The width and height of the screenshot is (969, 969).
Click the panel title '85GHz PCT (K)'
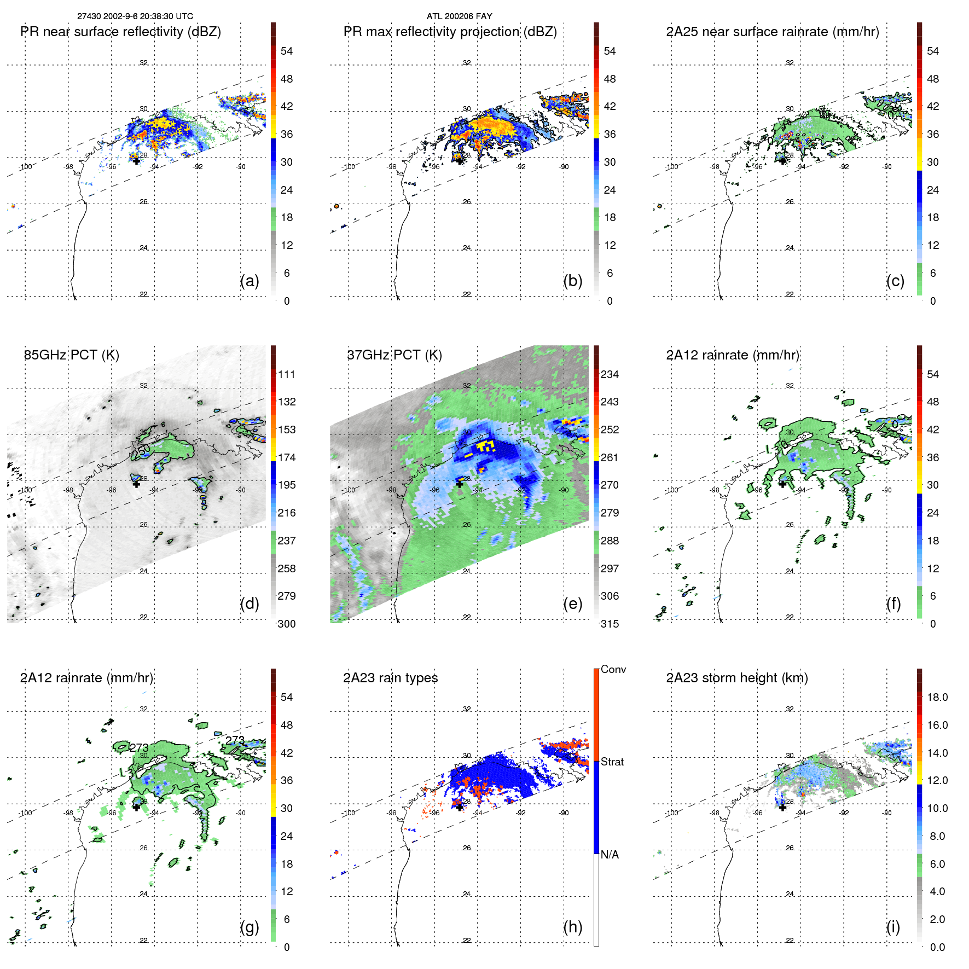coord(71,355)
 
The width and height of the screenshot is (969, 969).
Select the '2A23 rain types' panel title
coord(390,678)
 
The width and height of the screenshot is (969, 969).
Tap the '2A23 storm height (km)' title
coord(736,678)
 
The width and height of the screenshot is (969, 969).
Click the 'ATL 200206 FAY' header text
coord(459,16)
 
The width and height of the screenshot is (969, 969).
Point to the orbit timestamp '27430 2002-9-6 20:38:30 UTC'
coord(135,16)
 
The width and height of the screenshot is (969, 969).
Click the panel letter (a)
coord(249,281)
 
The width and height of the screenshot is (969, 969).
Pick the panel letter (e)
coord(572,604)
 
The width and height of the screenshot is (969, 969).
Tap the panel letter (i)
coord(893,927)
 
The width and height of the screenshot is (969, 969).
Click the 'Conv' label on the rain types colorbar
coord(613,669)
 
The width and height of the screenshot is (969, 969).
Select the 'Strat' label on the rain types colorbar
coord(612,762)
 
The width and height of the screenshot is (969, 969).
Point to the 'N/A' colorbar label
coord(610,855)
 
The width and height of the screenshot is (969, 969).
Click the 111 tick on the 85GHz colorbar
coord(287,374)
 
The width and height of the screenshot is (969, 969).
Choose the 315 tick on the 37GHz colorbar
coord(610,624)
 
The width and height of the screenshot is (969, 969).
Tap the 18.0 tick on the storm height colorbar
coord(937,697)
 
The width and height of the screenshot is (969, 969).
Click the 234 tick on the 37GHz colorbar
coord(610,374)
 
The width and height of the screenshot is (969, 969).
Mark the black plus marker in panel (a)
coord(136,161)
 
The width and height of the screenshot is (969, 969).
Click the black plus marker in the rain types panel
coord(460,807)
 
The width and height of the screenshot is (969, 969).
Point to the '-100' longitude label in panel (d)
coord(25,490)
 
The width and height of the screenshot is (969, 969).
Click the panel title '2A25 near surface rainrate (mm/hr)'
coord(772,32)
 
